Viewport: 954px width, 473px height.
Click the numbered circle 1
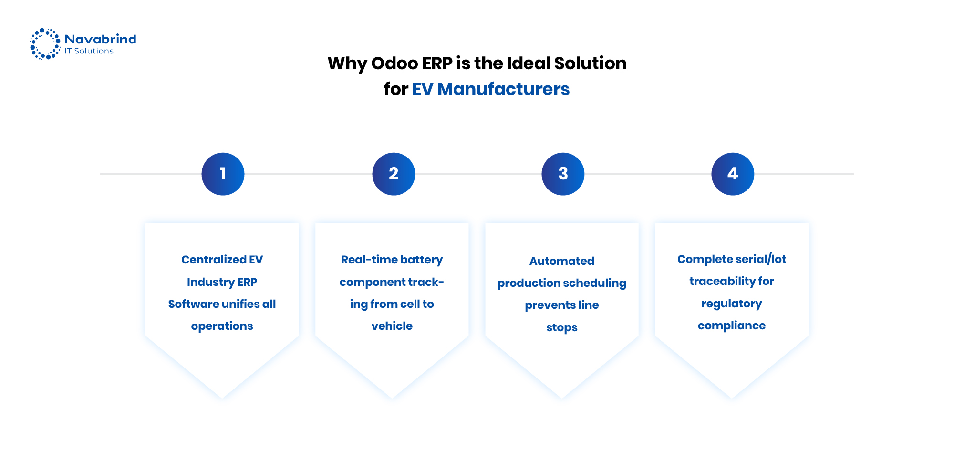[223, 174]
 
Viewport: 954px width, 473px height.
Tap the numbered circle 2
[394, 174]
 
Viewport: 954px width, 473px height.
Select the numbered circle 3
[563, 174]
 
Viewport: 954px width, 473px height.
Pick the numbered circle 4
[733, 174]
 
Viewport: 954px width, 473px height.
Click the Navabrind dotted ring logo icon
[45, 43]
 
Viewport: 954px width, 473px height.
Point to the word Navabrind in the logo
[100, 39]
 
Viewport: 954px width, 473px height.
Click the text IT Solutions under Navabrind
[89, 51]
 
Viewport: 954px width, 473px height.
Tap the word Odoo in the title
[394, 63]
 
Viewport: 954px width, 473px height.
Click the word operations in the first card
[222, 326]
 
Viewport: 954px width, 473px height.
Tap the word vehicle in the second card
[392, 326]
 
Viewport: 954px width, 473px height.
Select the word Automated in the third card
[561, 261]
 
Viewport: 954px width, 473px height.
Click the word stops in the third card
[561, 327]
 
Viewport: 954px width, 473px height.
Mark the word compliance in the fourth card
[731, 326]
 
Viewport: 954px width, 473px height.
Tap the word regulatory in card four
[731, 304]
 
